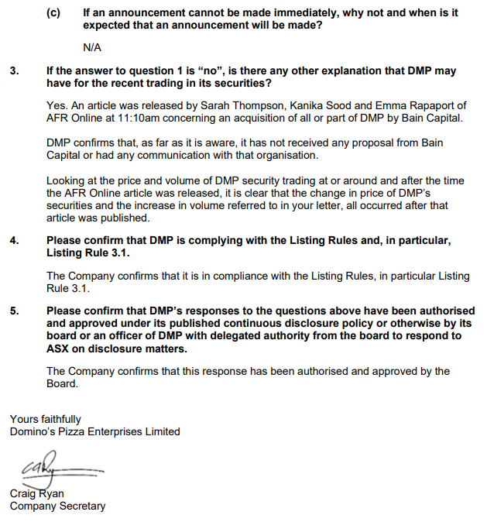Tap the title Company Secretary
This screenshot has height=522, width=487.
coord(57,507)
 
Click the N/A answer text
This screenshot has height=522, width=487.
coord(91,47)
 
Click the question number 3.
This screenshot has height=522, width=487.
coord(14,70)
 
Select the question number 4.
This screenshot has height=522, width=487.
coord(14,241)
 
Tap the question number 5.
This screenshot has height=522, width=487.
coord(14,311)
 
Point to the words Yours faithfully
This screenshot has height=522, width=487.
coord(45,419)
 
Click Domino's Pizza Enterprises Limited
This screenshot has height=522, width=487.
coord(94,431)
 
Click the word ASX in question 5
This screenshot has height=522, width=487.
coord(59,348)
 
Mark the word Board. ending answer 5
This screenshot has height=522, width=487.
coord(62,383)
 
